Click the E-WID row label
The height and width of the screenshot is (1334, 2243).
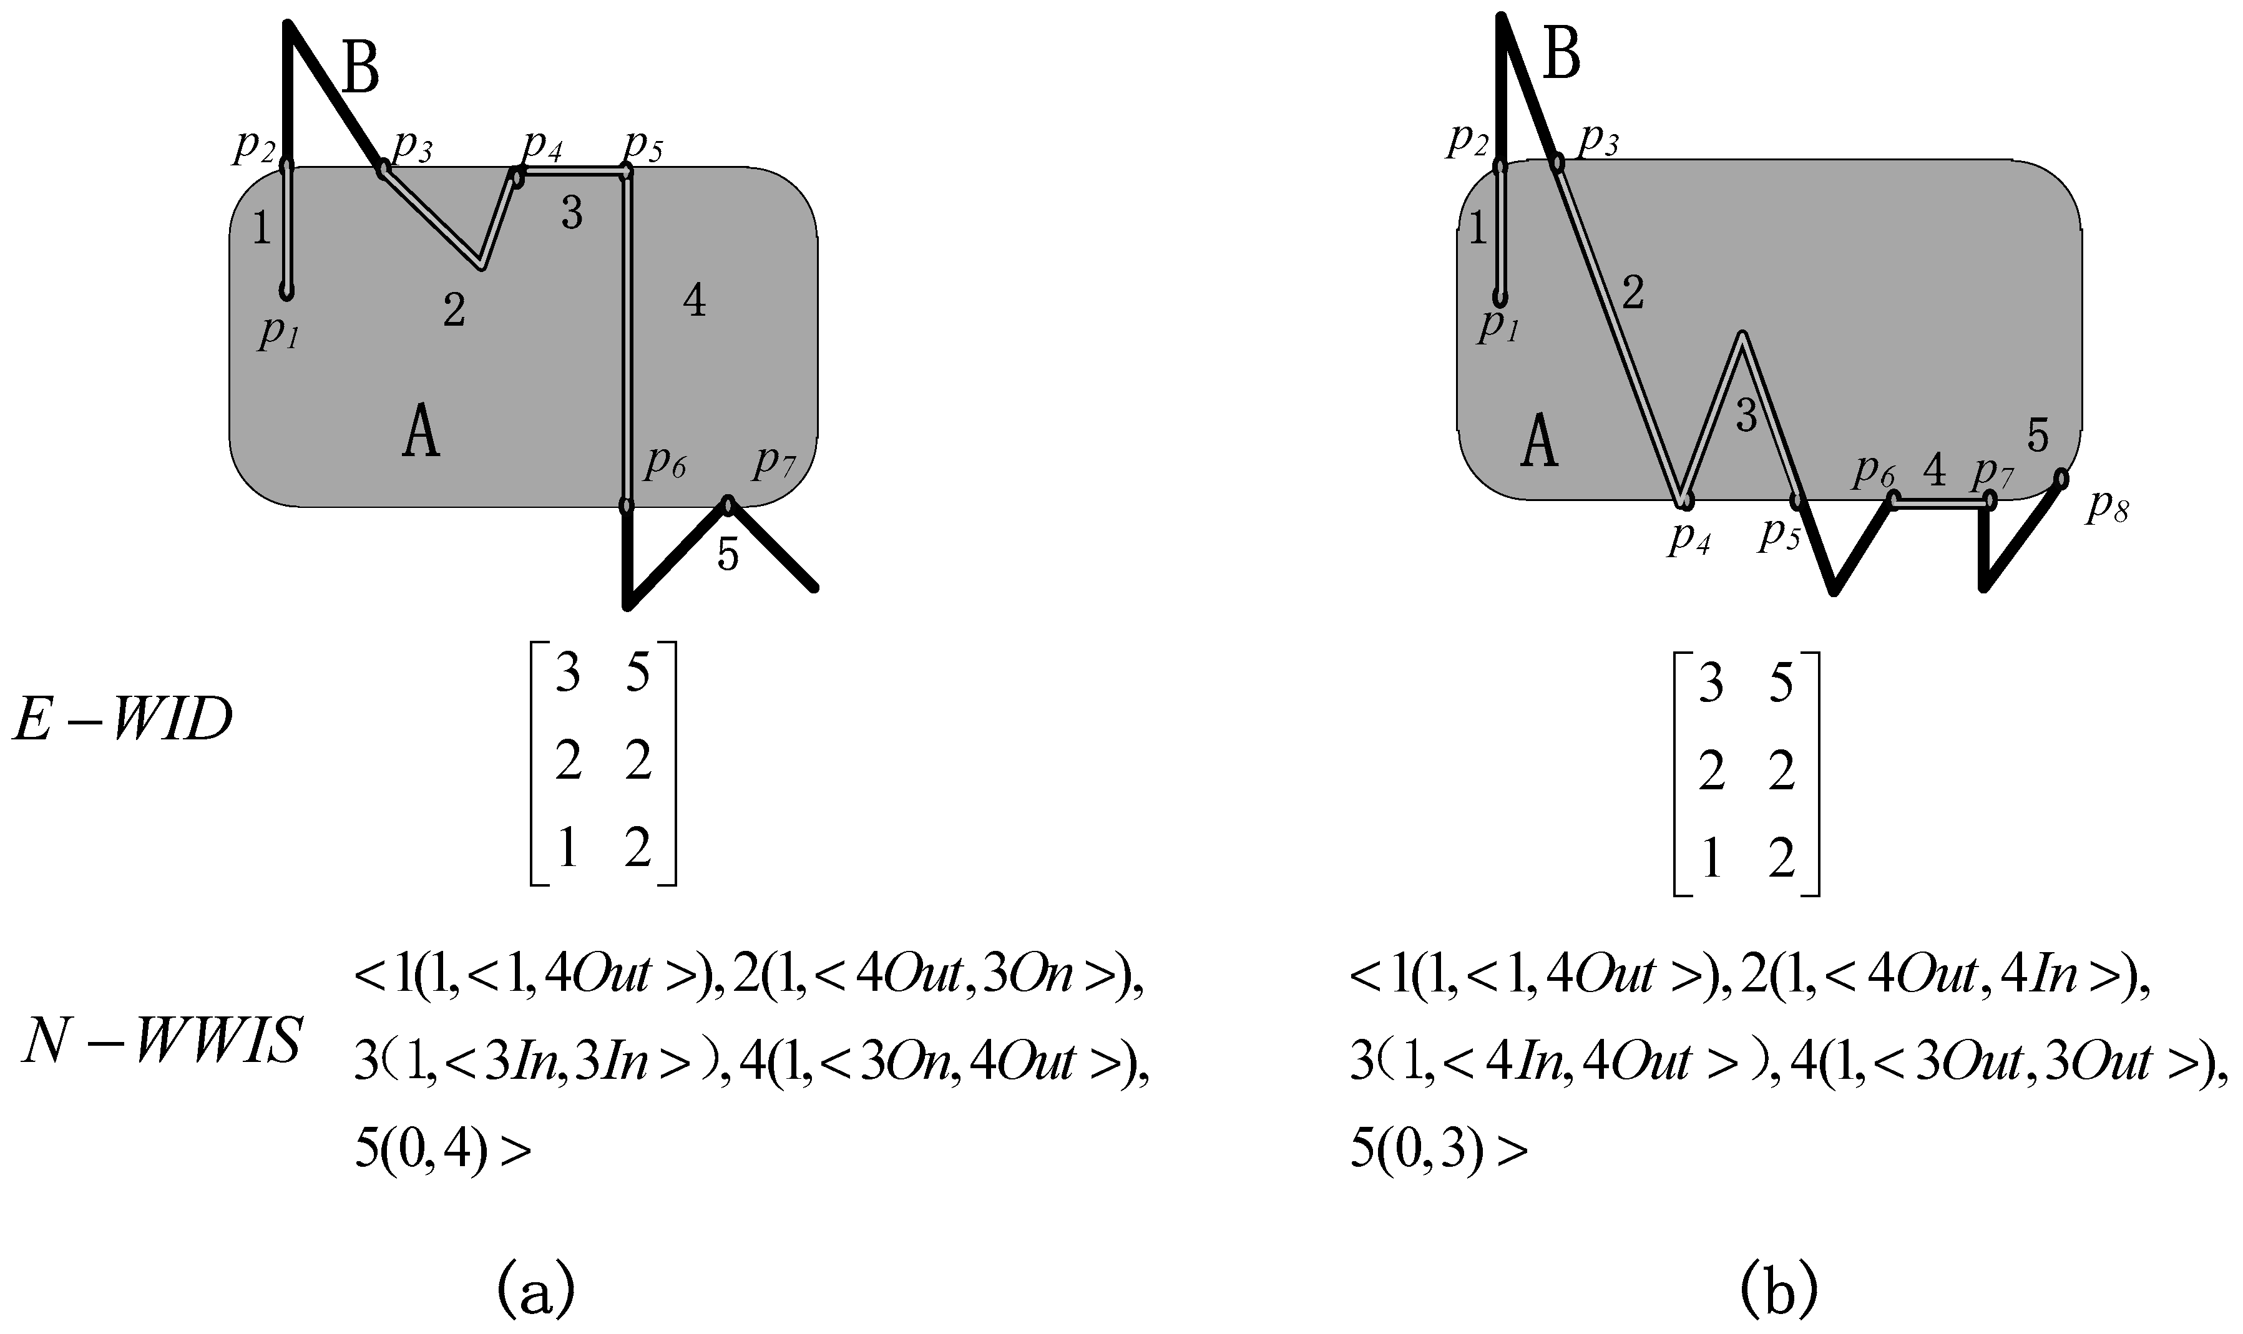pos(123,721)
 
